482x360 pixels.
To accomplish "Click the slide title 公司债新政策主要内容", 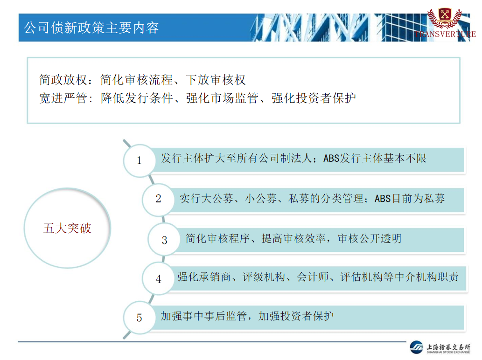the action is (x=91, y=28).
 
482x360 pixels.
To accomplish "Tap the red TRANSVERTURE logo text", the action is (x=445, y=34).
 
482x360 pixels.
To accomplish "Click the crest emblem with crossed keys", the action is (x=445, y=17).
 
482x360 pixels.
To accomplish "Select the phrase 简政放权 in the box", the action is (x=63, y=80).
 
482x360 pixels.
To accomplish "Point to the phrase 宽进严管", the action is (x=63, y=98).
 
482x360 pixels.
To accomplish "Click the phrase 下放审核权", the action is (x=216, y=80).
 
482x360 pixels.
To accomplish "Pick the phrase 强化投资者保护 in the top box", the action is (x=314, y=98).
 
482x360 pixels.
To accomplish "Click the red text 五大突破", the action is (x=67, y=228).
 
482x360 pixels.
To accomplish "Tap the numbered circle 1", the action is (x=139, y=160).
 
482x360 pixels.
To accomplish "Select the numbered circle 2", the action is (x=158, y=199).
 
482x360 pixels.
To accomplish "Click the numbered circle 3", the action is (x=164, y=240).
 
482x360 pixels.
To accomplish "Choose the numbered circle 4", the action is (x=158, y=279).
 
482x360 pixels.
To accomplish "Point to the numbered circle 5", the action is (x=139, y=318).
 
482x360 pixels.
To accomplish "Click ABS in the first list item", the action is (x=331, y=159).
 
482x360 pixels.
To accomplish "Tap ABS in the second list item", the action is (x=383, y=199).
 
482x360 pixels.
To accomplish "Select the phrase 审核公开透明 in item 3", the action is (x=370, y=239).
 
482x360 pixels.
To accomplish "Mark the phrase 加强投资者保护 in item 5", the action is (x=296, y=316).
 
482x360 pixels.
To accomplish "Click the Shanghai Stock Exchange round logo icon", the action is (x=417, y=347).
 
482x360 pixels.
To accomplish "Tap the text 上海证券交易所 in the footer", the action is (x=448, y=347).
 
